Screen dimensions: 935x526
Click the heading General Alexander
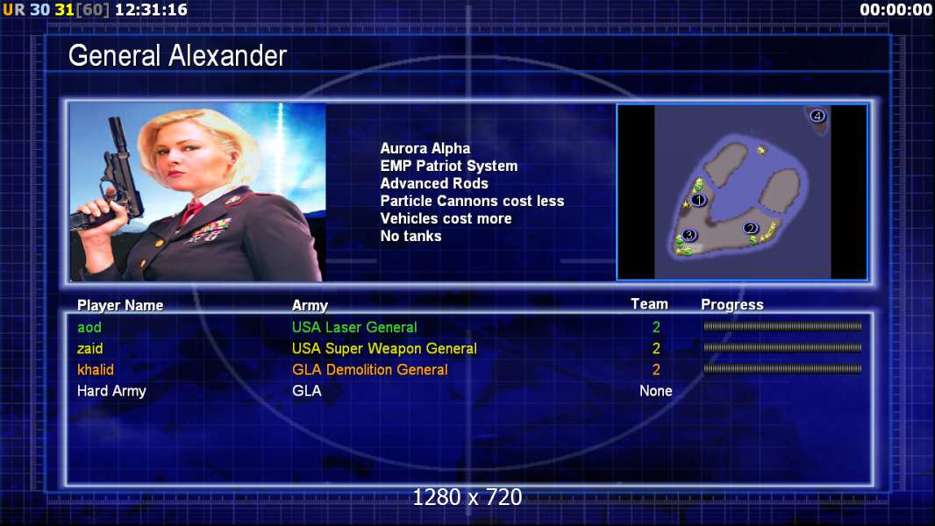click(178, 56)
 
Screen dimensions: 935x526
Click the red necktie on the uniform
click(192, 211)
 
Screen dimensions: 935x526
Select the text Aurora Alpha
click(425, 148)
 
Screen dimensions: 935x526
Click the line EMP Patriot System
click(449, 166)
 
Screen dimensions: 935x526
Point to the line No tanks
click(410, 236)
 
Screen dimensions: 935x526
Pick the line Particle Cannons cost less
click(472, 201)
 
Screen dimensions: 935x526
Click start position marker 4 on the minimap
click(817, 116)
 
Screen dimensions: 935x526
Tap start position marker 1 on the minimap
click(698, 200)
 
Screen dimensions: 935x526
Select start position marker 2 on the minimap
click(751, 228)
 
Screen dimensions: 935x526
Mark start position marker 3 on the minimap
click(689, 235)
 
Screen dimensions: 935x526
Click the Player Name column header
click(120, 306)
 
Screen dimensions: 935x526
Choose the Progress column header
click(732, 305)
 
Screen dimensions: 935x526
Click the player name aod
click(89, 327)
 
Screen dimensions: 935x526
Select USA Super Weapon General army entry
click(385, 349)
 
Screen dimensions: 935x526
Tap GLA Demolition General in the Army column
click(370, 369)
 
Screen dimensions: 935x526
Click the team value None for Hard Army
click(656, 391)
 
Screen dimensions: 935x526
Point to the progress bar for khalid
click(782, 369)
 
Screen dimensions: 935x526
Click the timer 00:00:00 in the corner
click(896, 10)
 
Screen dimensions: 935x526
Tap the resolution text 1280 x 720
click(467, 497)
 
